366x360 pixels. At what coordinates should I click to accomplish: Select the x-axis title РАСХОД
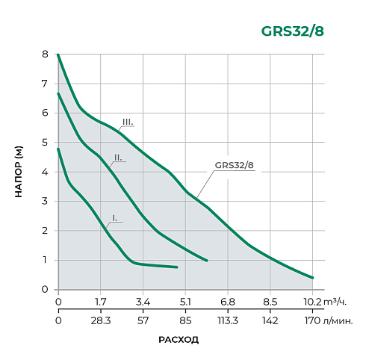[179, 339]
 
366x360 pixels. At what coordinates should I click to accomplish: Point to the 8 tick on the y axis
[46, 55]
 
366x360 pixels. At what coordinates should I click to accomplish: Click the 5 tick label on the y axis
[46, 143]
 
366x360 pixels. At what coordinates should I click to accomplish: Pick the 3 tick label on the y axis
[46, 202]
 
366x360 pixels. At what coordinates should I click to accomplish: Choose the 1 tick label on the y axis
[46, 260]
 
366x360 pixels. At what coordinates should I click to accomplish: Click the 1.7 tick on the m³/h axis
[101, 302]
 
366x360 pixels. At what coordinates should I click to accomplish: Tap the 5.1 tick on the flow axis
[186, 302]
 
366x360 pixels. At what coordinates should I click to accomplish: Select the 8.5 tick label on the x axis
[270, 302]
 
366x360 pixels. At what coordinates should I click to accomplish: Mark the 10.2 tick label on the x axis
[312, 302]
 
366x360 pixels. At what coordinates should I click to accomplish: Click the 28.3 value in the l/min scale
[101, 320]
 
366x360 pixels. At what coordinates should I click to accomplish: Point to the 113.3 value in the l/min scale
[228, 320]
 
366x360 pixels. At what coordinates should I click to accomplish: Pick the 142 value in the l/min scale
[270, 320]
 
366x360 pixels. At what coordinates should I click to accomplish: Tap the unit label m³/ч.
[335, 302]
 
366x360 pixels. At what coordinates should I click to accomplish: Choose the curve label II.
[118, 158]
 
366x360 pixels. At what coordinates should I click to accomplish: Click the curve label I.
[114, 217]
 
